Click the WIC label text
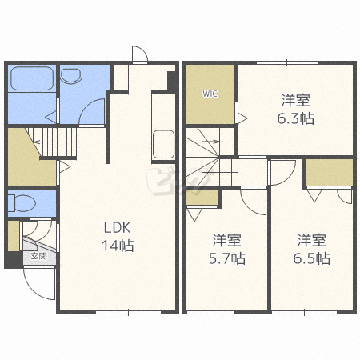(210, 94)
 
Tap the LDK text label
(118, 228)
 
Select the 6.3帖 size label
(296, 118)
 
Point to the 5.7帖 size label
(227, 258)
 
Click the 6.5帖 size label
(312, 258)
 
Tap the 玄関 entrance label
(39, 256)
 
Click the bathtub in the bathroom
(32, 78)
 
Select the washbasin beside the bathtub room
(70, 76)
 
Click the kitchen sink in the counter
(163, 144)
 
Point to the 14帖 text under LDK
(118, 246)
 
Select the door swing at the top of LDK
(140, 54)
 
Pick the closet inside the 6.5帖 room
(330, 172)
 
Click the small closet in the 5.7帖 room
(202, 198)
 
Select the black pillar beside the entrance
(14, 259)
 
